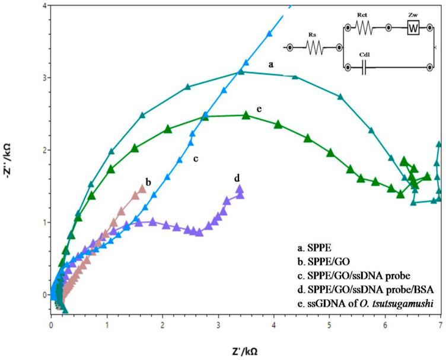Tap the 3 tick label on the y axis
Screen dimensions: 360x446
pyautogui.click(x=42, y=78)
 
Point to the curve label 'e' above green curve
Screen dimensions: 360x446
pyautogui.click(x=259, y=110)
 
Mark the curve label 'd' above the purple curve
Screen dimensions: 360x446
pyautogui.click(x=237, y=177)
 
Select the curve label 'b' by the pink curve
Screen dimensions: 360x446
pyautogui.click(x=147, y=181)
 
